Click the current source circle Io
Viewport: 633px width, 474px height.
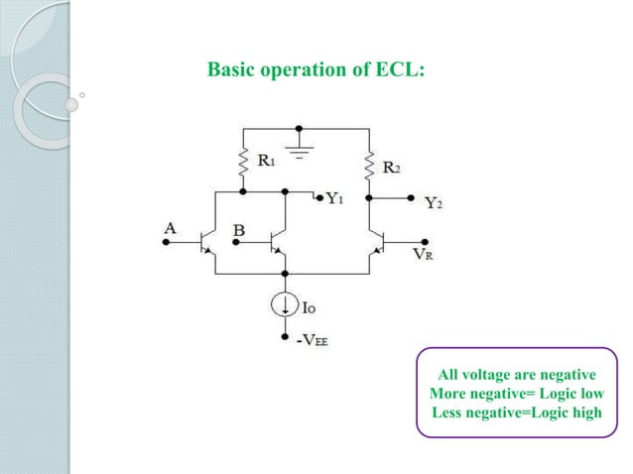click(286, 305)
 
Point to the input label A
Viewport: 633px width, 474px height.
click(170, 228)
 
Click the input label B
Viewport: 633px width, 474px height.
click(238, 232)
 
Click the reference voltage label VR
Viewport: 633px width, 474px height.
click(424, 254)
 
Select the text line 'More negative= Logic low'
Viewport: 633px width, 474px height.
click(516, 393)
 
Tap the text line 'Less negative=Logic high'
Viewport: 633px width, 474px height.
click(516, 412)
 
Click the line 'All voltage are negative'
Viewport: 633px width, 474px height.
click(516, 374)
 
